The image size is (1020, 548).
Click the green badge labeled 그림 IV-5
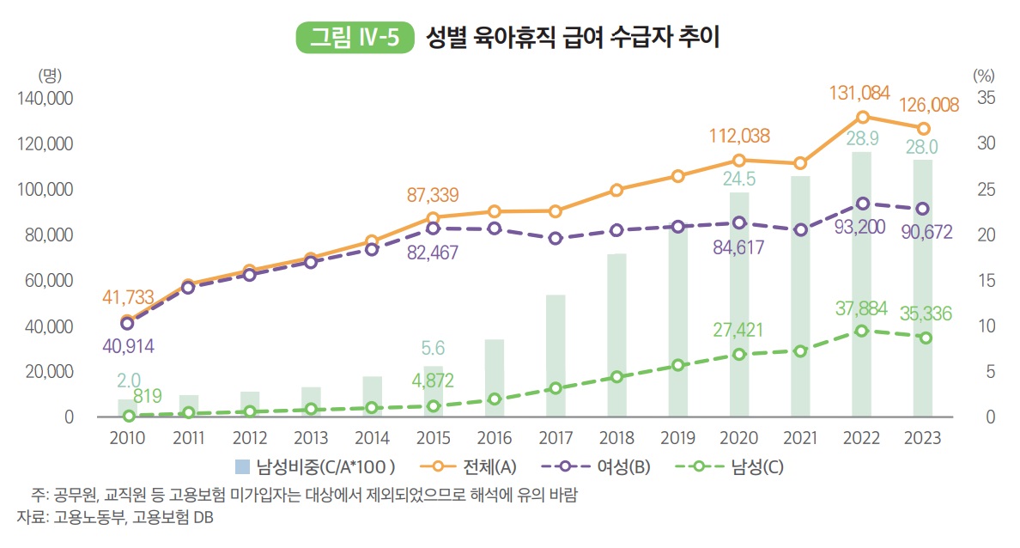point(355,38)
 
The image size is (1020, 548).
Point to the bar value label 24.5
point(738,179)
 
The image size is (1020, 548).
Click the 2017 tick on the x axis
point(556,439)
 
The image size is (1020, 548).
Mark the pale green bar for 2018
point(616,335)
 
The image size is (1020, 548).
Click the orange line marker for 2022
point(863,117)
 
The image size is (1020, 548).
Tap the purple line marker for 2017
point(556,239)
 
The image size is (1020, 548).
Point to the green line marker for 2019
point(678,365)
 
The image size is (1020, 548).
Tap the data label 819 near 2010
point(148,396)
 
